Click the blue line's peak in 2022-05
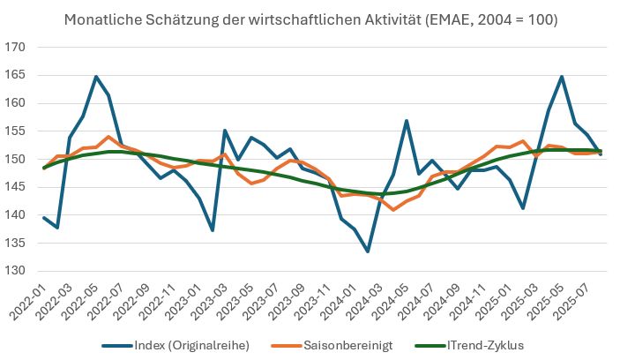coord(96,77)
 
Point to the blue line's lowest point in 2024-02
coord(368,251)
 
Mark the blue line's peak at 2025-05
coord(562,77)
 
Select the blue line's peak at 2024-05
coord(407,120)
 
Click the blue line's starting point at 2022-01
coord(44,217)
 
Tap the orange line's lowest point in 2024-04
coord(393,209)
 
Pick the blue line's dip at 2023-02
coord(213,230)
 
